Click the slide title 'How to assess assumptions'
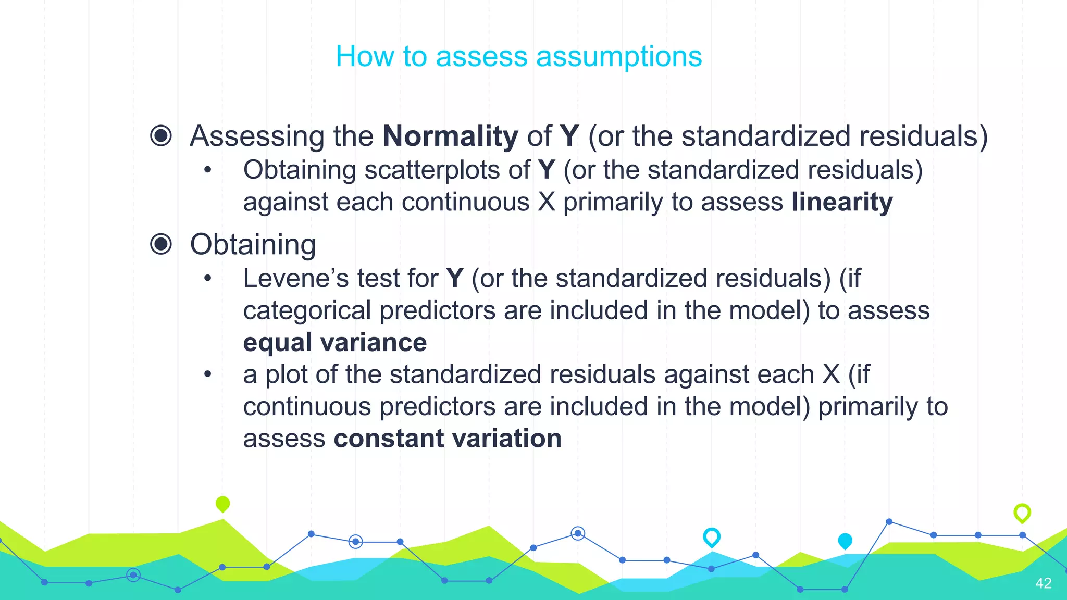pos(519,56)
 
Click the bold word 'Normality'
pos(450,136)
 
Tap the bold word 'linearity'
pos(842,202)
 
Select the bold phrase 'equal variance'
pos(335,342)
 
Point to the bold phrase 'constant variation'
pos(448,438)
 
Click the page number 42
pos(1043,583)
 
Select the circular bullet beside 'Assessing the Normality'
pos(161,135)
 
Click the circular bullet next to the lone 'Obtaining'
pos(161,244)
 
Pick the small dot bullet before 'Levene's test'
pos(208,278)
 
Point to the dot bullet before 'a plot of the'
pos(208,374)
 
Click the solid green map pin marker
pos(222,504)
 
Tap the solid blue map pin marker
pos(845,541)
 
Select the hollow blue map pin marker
pos(712,536)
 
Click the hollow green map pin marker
pos(1022,512)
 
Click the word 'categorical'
pos(307,310)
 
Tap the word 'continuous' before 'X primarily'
pos(465,202)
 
